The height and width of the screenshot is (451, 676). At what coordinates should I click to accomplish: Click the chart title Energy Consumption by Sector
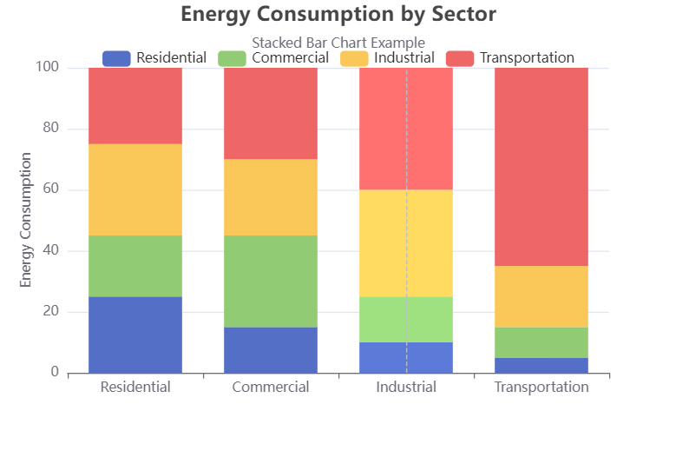click(x=338, y=15)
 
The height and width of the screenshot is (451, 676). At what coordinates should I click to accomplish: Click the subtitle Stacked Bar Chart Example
click(x=338, y=42)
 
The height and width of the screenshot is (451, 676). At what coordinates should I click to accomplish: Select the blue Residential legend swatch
click(x=116, y=58)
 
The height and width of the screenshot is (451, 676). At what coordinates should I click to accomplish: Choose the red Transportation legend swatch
click(x=460, y=58)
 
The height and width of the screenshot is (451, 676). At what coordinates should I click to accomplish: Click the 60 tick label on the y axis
click(x=50, y=189)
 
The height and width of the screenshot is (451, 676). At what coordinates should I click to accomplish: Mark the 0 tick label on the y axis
click(x=55, y=373)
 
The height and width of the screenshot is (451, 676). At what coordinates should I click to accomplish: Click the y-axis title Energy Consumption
click(x=26, y=220)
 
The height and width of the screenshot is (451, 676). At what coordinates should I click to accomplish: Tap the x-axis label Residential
click(x=135, y=388)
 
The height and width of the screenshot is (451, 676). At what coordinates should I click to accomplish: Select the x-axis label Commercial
click(x=271, y=388)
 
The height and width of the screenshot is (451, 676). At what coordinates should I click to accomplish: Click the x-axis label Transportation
click(x=541, y=388)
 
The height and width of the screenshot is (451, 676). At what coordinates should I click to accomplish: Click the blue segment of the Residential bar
click(x=135, y=335)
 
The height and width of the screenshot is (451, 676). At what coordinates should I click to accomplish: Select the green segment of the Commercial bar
click(x=271, y=282)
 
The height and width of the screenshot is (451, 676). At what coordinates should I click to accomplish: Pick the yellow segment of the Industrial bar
click(x=406, y=243)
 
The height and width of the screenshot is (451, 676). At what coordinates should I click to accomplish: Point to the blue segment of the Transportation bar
click(x=541, y=365)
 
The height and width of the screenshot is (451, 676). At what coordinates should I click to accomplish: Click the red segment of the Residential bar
click(x=135, y=106)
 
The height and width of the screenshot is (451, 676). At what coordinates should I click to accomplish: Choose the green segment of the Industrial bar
click(x=406, y=319)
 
